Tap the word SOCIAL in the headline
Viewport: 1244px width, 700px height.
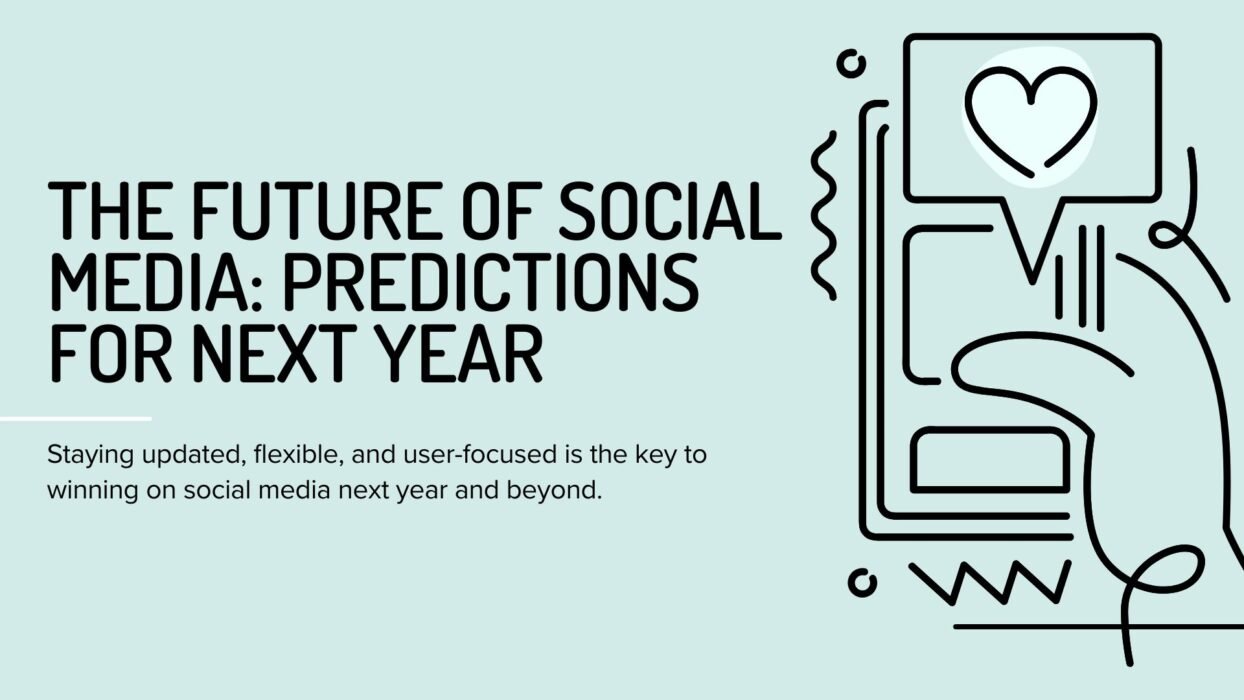click(x=670, y=211)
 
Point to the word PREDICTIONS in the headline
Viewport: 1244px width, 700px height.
click(x=491, y=282)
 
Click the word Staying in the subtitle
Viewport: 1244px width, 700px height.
click(x=91, y=456)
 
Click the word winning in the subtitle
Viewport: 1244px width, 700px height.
click(x=93, y=491)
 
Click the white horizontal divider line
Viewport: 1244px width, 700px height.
click(x=76, y=418)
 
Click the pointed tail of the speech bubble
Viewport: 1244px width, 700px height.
click(x=1032, y=261)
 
